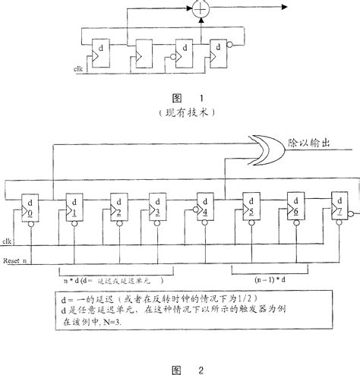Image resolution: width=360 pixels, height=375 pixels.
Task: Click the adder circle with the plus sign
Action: click(x=201, y=10)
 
